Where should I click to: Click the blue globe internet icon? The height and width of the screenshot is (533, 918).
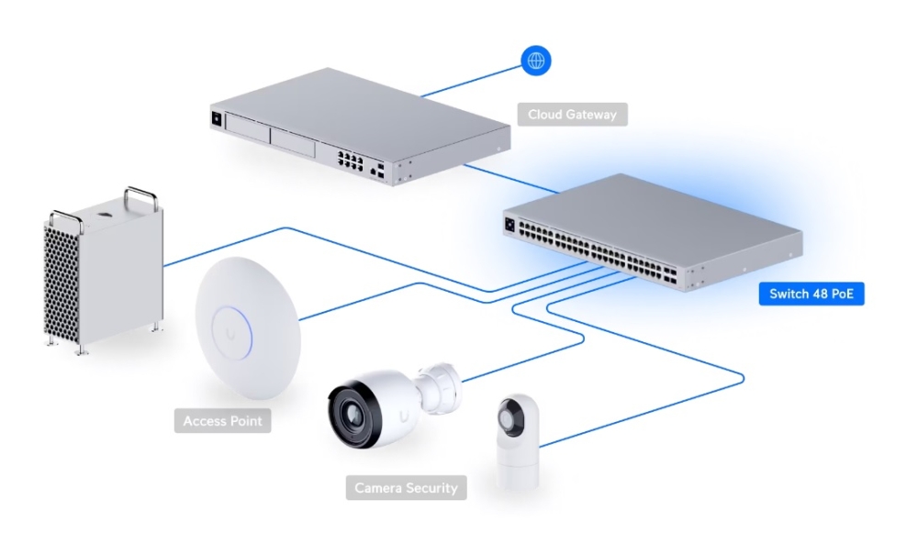click(x=537, y=61)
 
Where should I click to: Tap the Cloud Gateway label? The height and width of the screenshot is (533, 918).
click(x=572, y=115)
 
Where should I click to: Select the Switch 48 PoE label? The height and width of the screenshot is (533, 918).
click(x=812, y=294)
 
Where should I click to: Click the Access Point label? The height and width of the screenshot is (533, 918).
click(x=222, y=421)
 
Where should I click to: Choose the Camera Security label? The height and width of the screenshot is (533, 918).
click(x=406, y=487)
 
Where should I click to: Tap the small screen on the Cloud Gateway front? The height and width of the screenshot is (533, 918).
click(x=217, y=118)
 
